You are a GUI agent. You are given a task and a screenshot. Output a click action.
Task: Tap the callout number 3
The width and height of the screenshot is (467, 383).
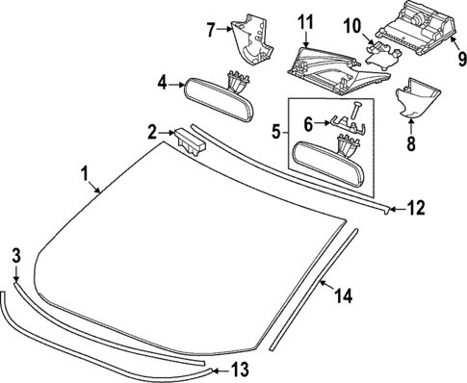pyautogui.click(x=15, y=255)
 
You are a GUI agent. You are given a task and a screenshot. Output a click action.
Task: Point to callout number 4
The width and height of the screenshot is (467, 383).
pyautogui.click(x=164, y=84)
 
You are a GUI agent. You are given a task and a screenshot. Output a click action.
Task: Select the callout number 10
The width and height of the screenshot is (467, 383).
pyautogui.click(x=350, y=23)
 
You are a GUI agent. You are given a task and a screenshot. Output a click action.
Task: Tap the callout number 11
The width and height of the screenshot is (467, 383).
pyautogui.click(x=305, y=21)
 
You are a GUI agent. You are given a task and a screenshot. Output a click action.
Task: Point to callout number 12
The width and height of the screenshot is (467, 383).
pyautogui.click(x=416, y=205)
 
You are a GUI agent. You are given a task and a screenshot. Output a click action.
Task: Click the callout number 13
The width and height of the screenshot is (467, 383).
pyautogui.click(x=241, y=369)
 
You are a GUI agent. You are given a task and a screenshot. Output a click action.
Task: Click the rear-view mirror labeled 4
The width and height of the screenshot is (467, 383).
pyautogui.click(x=216, y=95)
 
